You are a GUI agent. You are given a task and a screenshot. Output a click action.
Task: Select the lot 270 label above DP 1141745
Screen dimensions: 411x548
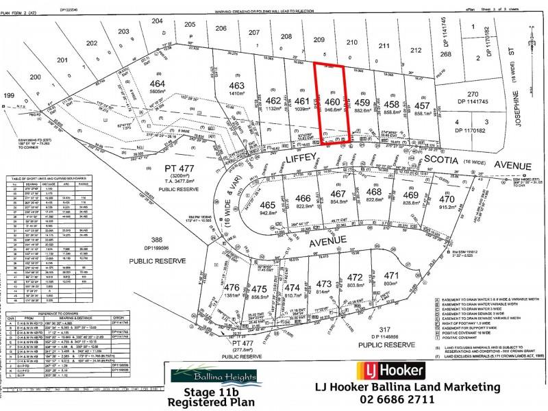[x=473, y=94]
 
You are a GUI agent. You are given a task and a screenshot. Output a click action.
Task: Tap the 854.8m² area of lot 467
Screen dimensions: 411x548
[x=339, y=202]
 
